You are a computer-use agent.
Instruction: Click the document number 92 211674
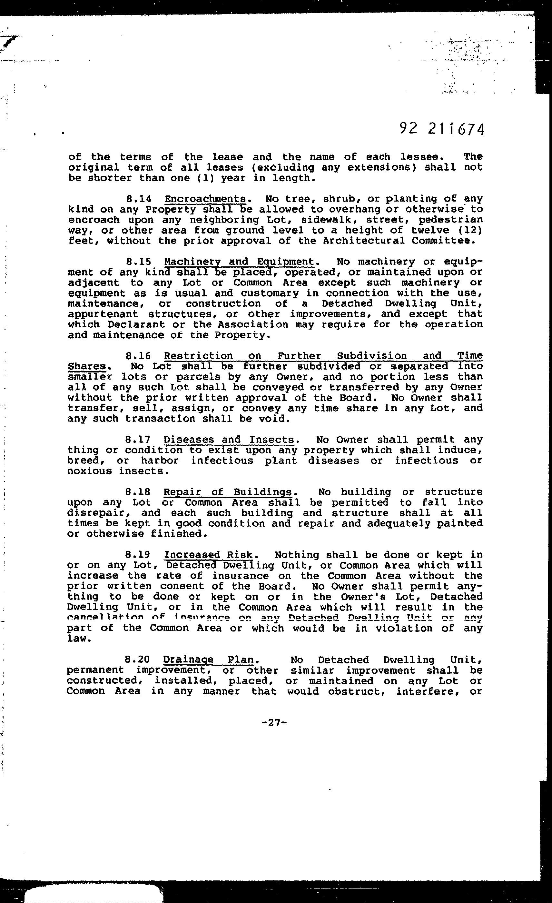(441, 129)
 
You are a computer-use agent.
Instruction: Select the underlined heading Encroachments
(205, 199)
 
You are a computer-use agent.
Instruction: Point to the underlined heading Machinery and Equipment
(239, 262)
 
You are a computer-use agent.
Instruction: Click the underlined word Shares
(86, 366)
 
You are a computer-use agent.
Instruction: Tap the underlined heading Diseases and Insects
(229, 440)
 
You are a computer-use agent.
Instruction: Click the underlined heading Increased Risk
(208, 555)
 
